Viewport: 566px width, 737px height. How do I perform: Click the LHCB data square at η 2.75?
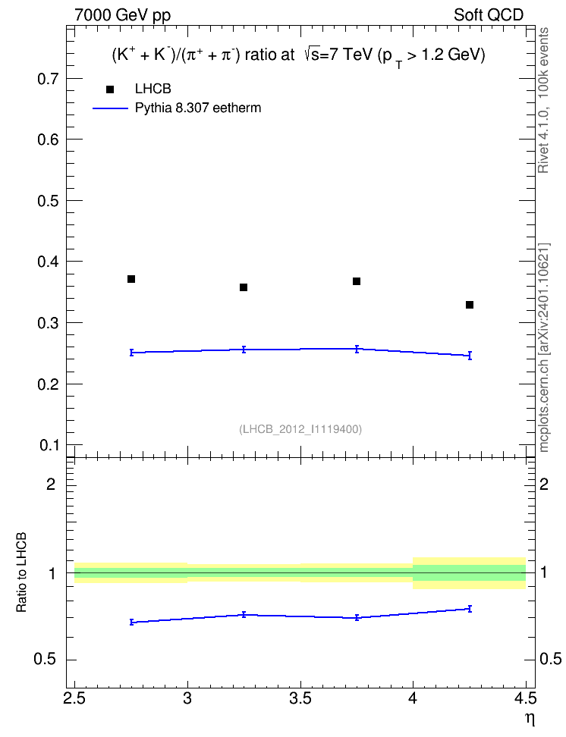tap(131, 279)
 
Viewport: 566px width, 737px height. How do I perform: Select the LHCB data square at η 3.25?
tap(244, 287)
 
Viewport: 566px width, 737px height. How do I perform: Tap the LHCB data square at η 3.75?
tap(357, 281)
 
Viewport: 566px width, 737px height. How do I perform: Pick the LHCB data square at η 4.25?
tap(470, 305)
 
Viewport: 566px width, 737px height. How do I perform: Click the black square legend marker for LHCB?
tap(110, 89)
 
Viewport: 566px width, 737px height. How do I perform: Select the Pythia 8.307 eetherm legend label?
tap(198, 108)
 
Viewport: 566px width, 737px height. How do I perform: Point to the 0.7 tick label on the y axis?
tap(49, 79)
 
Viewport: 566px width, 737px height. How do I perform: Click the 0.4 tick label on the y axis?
tap(49, 262)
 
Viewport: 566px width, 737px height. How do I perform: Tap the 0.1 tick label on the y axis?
tap(49, 444)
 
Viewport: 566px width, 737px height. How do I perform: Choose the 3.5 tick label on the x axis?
tap(300, 698)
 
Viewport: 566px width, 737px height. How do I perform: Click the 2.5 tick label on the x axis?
tap(74, 698)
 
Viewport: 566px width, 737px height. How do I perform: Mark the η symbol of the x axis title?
tap(530, 718)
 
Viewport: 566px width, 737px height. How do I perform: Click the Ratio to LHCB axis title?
tap(21, 572)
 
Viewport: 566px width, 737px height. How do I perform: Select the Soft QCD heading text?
tap(489, 15)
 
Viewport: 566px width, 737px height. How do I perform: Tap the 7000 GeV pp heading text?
tap(122, 15)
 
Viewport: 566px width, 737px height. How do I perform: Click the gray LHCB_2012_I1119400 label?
tap(300, 429)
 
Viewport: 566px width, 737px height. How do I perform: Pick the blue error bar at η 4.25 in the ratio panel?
tap(470, 609)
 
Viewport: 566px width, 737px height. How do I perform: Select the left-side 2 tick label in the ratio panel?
tap(52, 484)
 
